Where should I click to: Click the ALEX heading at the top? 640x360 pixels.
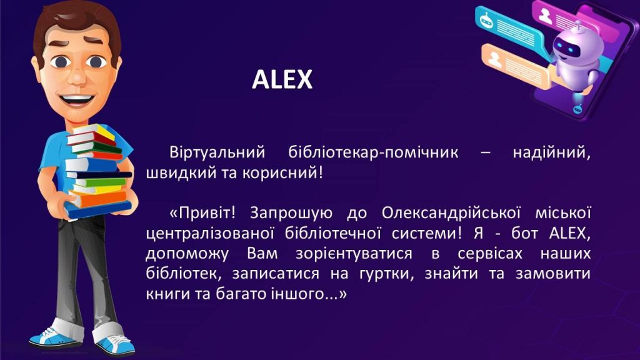[282, 79]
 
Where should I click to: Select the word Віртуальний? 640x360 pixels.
[217, 152]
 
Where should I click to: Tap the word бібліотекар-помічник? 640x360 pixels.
[374, 152]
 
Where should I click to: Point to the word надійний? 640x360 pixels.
[551, 153]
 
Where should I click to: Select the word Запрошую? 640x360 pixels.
[290, 214]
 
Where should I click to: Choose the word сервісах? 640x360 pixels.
[490, 254]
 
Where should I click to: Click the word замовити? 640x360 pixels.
[553, 274]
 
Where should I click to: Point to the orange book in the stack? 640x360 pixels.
[98, 197]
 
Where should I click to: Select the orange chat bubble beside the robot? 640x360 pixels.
[517, 65]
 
